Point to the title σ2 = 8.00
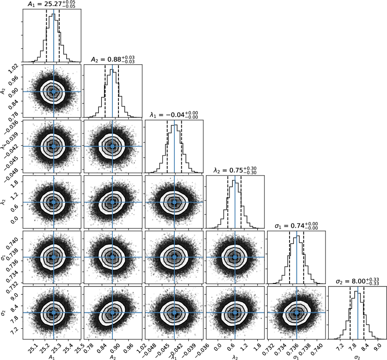[x=358, y=281]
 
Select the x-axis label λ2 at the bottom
[x=235, y=356]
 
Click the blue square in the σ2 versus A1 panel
[x=54, y=312]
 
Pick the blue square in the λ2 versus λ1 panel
[x=174, y=202]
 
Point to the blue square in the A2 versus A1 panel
[x=54, y=92]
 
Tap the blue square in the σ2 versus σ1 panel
[x=297, y=312]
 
